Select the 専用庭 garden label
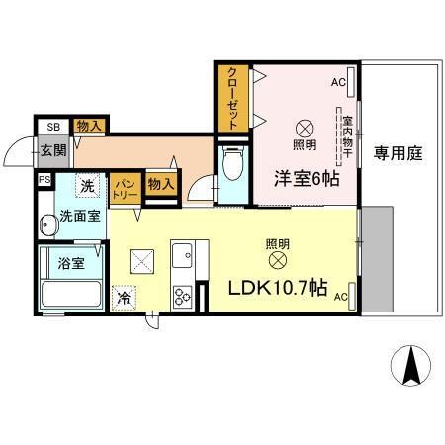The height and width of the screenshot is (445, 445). pyautogui.click(x=399, y=153)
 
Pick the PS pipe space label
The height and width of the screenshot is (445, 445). pyautogui.click(x=44, y=180)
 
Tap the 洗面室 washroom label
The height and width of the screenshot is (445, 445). pyautogui.click(x=78, y=215)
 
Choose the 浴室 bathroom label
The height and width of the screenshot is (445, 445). pyautogui.click(x=70, y=264)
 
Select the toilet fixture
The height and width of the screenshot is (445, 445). pyautogui.click(x=233, y=164)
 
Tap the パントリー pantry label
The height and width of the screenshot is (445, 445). pyautogui.click(x=124, y=187)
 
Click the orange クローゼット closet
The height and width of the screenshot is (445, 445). pyautogui.click(x=231, y=97)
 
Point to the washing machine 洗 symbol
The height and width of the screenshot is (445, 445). pyautogui.click(x=88, y=185)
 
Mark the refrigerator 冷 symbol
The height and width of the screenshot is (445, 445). pyautogui.click(x=124, y=296)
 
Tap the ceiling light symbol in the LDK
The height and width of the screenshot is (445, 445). pyautogui.click(x=277, y=261)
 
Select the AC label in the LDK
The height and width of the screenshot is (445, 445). pyautogui.click(x=340, y=297)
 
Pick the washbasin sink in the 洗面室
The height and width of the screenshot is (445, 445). pyautogui.click(x=46, y=224)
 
